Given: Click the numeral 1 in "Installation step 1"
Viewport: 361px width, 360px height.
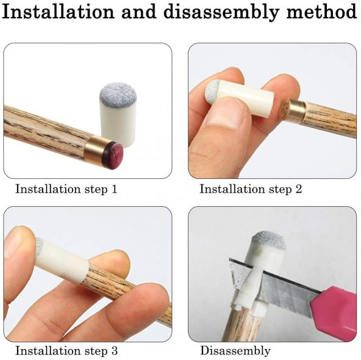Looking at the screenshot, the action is (x=114, y=189).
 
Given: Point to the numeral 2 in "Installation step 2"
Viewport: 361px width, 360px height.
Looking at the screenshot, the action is (x=298, y=189).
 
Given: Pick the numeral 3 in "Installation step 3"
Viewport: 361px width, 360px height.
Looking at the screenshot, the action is (x=115, y=351).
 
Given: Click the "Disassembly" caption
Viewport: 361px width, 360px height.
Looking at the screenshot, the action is (x=235, y=351).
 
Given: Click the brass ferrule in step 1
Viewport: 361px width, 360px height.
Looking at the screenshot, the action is (x=96, y=149).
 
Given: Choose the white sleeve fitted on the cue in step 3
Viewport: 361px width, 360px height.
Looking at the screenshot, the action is (x=62, y=260).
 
